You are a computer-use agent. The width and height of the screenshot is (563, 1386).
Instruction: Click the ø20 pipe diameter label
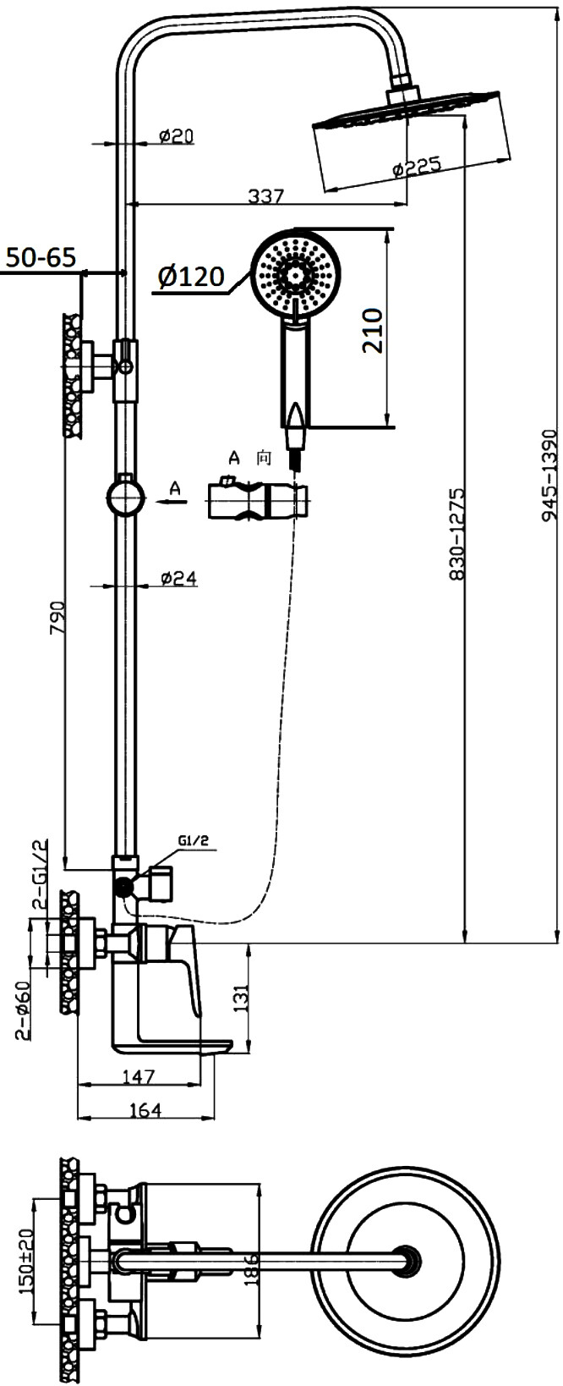[177, 135]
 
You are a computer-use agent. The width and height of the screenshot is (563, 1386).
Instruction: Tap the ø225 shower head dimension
[416, 167]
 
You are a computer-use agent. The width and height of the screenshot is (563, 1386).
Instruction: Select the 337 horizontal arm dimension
[266, 195]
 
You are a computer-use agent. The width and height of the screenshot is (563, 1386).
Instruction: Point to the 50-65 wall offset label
[40, 256]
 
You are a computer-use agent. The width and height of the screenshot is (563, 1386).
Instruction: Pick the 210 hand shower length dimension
[373, 331]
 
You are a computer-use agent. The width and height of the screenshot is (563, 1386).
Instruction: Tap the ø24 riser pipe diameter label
[178, 578]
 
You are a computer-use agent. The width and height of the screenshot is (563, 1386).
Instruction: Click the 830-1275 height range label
[457, 533]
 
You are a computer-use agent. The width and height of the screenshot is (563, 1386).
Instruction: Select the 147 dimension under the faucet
[139, 1076]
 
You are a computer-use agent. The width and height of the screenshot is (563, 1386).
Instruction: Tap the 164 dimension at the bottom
[145, 1110]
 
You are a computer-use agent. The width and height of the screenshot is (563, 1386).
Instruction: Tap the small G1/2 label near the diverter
[194, 840]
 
